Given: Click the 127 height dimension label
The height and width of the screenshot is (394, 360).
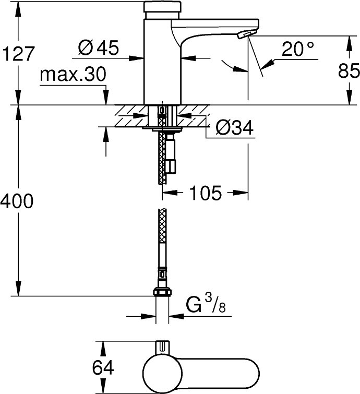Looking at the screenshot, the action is click(18, 54).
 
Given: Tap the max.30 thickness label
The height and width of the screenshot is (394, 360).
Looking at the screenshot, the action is click(73, 74).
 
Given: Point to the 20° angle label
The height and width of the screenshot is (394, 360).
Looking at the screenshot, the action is click(298, 49).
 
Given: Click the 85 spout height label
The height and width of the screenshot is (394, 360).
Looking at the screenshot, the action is click(349, 70).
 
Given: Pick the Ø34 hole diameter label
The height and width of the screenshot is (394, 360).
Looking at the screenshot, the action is click(234, 128).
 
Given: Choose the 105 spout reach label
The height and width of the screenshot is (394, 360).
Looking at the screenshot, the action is click(205, 193).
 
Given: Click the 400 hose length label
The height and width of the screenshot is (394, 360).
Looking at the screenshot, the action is click(17, 201).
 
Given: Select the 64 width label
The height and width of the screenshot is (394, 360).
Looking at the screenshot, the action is click(103, 367).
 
